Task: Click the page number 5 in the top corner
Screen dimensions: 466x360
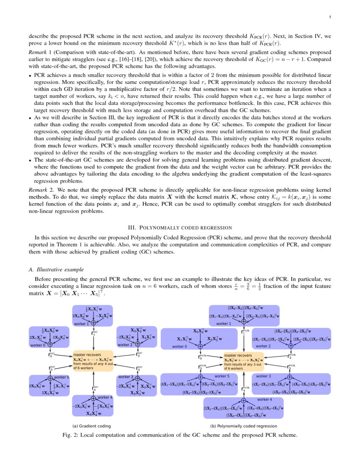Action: [330, 17]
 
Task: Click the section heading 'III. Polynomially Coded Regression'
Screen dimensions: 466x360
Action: [180, 227]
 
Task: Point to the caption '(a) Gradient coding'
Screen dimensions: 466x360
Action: [92, 426]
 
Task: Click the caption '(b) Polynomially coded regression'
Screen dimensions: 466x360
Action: [244, 426]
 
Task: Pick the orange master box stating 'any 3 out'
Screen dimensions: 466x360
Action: [243, 361]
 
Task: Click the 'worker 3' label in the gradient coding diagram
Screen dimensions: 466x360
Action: [125, 377]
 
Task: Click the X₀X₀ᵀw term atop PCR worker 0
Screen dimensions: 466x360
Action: [201, 331]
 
